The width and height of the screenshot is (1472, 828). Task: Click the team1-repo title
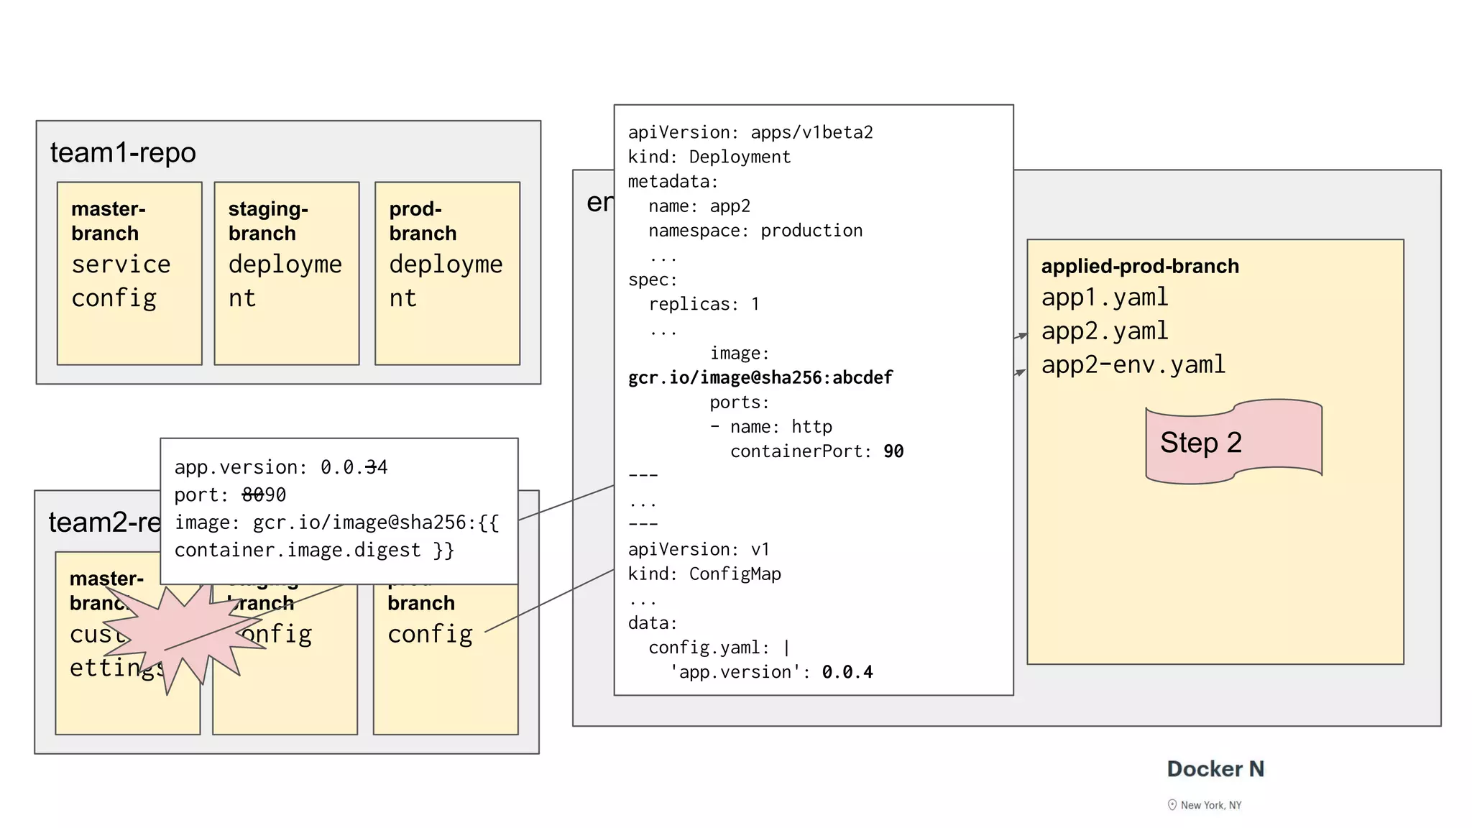click(x=123, y=153)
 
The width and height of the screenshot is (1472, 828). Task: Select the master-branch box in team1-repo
click(x=129, y=273)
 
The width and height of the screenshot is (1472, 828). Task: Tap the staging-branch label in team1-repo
click(x=268, y=221)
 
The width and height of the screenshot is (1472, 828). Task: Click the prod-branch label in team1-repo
click(x=423, y=221)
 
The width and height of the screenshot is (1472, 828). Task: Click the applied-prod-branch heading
click(x=1140, y=267)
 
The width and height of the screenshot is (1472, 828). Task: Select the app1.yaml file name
click(x=1105, y=298)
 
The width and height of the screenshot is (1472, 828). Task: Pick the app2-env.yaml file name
click(x=1133, y=365)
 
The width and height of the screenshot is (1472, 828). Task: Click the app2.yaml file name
click(x=1105, y=331)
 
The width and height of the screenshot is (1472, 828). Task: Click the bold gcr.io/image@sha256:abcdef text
click(x=760, y=378)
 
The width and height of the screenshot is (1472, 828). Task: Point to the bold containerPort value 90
click(x=893, y=451)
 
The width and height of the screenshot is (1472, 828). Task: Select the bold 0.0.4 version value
click(x=847, y=672)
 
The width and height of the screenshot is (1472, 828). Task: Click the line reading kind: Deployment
click(x=709, y=157)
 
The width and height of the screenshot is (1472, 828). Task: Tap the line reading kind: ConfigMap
click(x=704, y=574)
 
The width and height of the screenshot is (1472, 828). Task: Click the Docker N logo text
click(x=1215, y=769)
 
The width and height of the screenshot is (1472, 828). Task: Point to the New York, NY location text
click(x=1210, y=805)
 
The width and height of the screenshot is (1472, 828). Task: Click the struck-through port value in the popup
click(x=264, y=495)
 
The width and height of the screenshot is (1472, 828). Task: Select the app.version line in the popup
click(x=280, y=468)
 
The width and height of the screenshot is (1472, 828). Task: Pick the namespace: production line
click(x=755, y=231)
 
